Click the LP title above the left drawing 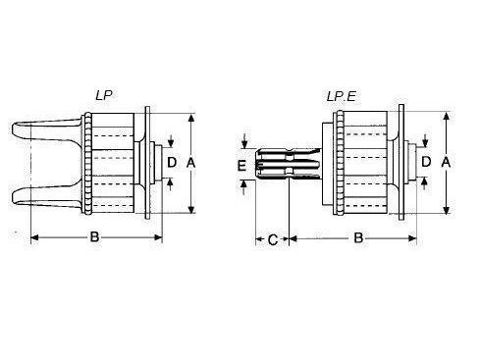tap(104, 95)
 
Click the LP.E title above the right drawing tap(341, 96)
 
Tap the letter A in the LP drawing tap(190, 163)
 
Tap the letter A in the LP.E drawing tap(446, 162)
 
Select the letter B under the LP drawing tap(94, 236)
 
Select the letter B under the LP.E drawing tap(358, 237)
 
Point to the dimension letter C tap(273, 240)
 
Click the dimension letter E tap(241, 166)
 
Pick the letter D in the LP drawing tap(172, 163)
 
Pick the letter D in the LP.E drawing tap(426, 162)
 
